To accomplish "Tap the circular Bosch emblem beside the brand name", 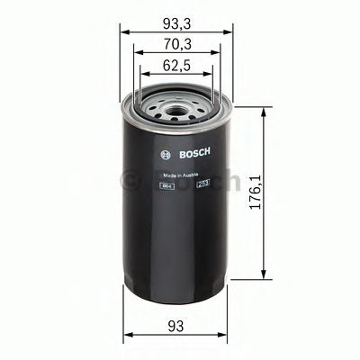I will tap(163, 153).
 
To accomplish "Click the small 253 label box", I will tap(202, 184).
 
